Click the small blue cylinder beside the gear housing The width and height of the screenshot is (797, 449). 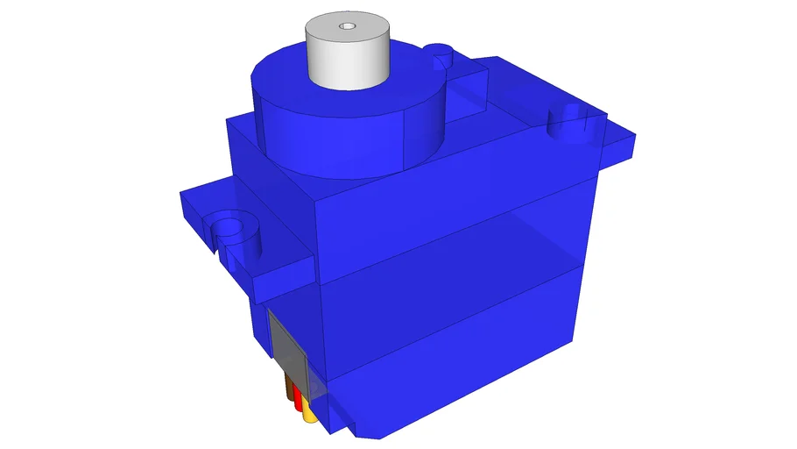[x=442, y=60]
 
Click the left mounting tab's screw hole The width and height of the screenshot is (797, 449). [x=229, y=229]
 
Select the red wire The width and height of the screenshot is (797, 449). [x=298, y=403]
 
